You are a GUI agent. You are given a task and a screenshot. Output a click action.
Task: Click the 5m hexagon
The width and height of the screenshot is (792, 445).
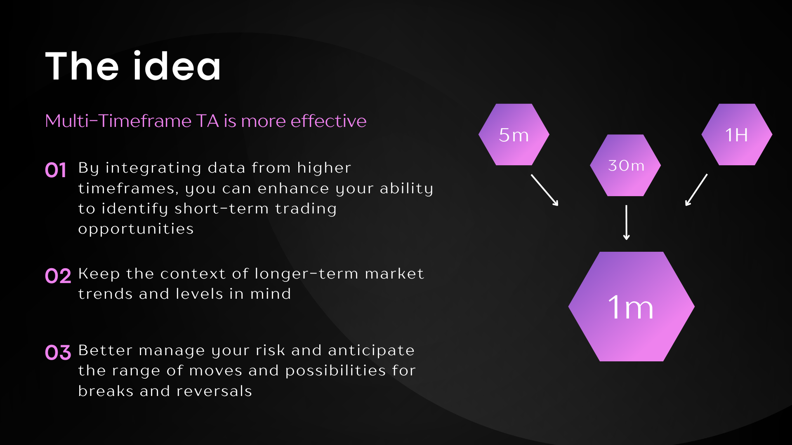pos(514,134)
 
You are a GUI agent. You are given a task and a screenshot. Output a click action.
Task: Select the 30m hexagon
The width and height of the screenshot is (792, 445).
pos(625,165)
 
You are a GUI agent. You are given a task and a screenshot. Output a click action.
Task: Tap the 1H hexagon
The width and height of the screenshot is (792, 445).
pos(737,134)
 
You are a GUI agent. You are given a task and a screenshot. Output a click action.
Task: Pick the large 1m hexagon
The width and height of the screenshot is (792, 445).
pos(632,307)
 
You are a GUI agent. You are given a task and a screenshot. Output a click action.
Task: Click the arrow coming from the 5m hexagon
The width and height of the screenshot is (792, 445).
pos(544,190)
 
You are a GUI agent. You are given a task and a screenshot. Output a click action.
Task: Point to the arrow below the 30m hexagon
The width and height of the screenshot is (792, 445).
pos(626,222)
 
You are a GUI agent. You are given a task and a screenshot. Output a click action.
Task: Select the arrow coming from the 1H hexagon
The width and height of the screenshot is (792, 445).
pos(696,190)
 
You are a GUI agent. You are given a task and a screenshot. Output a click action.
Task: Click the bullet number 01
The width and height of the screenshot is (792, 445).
pos(56,170)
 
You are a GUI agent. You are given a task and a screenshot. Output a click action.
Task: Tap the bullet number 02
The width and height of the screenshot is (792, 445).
pos(58,276)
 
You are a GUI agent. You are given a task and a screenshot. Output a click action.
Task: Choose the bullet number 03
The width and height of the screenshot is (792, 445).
pos(58,353)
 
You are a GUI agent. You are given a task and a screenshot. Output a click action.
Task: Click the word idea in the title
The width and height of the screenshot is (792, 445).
pos(177,66)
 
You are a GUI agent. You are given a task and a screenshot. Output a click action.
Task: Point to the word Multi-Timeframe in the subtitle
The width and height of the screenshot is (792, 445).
pos(118,121)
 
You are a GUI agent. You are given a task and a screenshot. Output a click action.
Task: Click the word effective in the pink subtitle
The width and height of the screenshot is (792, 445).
pos(328,121)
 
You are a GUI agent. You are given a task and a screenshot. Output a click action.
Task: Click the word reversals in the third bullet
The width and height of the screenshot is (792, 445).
pos(214,391)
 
